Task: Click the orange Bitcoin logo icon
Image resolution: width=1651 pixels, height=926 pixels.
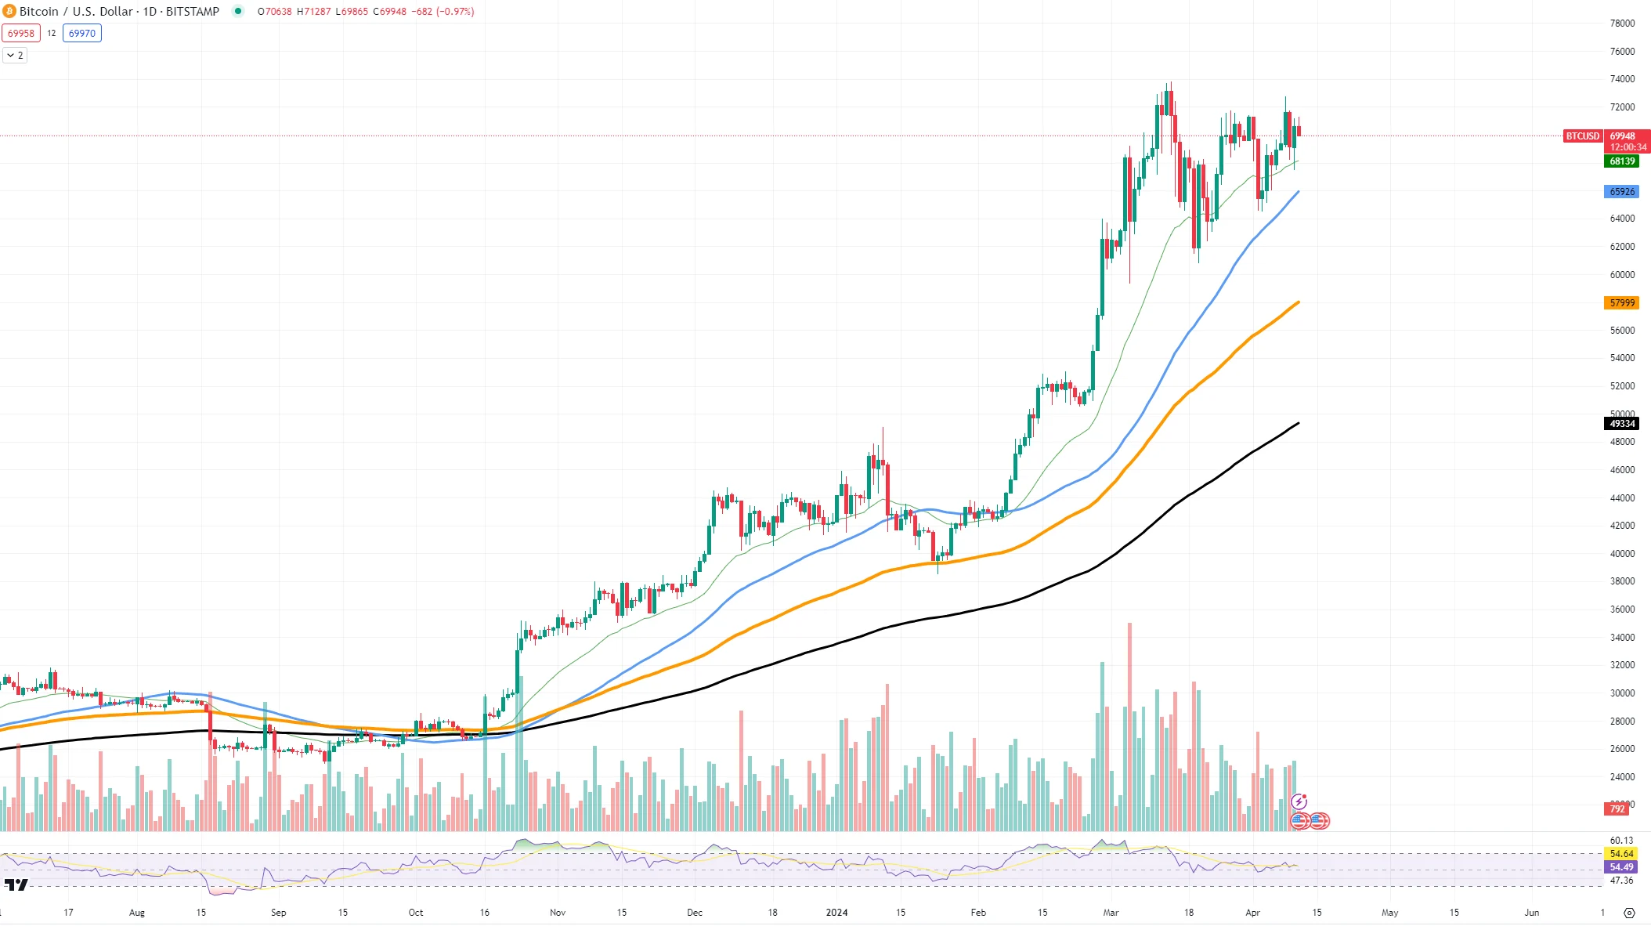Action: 10,11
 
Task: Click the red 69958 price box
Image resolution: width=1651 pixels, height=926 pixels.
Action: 21,33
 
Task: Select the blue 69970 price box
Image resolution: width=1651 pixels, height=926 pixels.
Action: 82,33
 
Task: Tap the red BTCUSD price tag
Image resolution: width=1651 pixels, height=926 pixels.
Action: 1581,136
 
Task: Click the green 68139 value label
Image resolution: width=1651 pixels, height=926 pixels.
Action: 1621,161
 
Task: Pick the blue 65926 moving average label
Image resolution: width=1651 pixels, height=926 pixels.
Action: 1621,192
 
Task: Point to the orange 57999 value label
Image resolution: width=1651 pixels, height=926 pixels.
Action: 1621,303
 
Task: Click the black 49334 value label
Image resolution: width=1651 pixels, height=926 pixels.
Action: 1621,424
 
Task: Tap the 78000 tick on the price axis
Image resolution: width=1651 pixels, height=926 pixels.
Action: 1622,24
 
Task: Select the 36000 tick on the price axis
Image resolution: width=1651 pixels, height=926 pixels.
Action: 1622,609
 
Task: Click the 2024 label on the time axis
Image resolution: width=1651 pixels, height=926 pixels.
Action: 836,913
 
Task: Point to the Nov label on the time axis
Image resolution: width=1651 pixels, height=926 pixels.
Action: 558,913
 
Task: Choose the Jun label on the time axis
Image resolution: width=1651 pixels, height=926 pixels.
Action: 1531,913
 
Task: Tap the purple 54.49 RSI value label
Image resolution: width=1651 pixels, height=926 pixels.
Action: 1621,867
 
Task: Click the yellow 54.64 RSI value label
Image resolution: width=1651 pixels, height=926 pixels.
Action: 1621,854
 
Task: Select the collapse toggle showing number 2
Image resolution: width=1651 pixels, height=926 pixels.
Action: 15,56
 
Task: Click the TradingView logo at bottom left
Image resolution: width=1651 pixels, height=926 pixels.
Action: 16,885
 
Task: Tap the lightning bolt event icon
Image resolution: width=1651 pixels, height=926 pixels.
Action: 1299,801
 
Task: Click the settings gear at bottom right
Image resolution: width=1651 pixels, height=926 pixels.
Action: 1629,913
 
